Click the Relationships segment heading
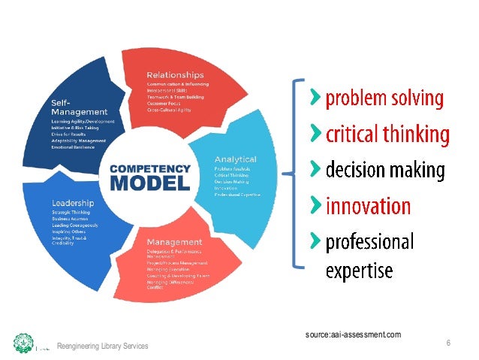[175, 75]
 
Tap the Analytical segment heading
[236, 159]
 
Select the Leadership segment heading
[74, 203]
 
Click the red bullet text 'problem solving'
[384, 99]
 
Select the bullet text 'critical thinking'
[387, 135]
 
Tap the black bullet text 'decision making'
[384, 171]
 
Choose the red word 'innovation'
[367, 206]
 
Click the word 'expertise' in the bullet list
[359, 270]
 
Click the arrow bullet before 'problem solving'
[316, 97]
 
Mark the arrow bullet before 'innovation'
[316, 204]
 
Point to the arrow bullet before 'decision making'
[316, 168]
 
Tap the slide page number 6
[447, 343]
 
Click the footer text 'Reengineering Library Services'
[103, 346]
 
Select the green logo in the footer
[23, 343]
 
